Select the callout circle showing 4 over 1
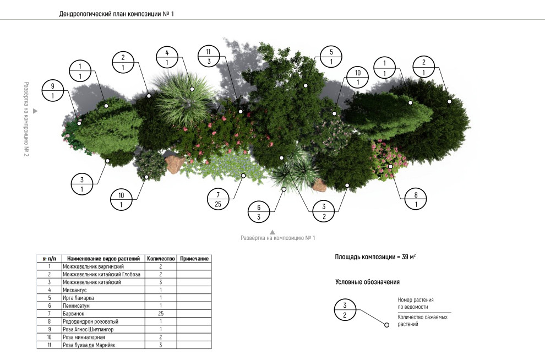[167, 57]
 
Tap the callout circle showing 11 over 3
[209, 56]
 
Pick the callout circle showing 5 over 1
[331, 57]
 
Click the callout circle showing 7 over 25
[218, 199]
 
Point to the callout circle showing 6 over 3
[258, 212]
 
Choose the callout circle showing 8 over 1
[416, 199]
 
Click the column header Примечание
[194, 258]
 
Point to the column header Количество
[160, 258]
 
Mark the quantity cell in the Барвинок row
[160, 313]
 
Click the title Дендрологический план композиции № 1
[117, 14]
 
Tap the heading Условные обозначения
[367, 282]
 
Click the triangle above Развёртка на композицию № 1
[271, 232]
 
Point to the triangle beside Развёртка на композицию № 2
[35, 111]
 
